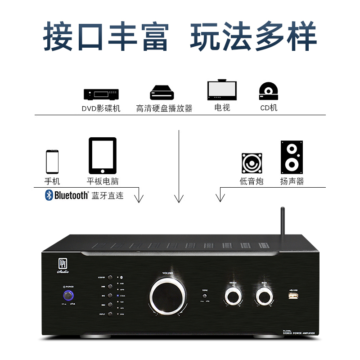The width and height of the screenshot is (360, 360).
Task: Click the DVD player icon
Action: click(101, 94)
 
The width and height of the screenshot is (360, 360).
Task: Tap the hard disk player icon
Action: click(162, 93)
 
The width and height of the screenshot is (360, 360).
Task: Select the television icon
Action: click(222, 90)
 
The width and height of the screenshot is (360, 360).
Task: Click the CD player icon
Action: click(269, 91)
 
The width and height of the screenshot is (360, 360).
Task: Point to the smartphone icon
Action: click(52, 162)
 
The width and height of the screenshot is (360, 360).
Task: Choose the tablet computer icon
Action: click(103, 156)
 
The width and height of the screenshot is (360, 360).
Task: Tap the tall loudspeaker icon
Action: click(292, 157)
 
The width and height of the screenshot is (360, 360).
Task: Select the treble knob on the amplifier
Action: click(233, 296)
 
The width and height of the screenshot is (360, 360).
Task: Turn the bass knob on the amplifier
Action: click(264, 296)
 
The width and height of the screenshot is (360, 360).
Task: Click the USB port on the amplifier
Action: click(292, 296)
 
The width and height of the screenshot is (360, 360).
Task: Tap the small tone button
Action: click(205, 296)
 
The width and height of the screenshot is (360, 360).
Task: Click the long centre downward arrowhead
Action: click(180, 198)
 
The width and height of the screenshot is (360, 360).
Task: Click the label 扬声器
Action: click(292, 181)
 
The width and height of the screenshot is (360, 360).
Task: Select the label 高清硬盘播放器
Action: click(164, 108)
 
